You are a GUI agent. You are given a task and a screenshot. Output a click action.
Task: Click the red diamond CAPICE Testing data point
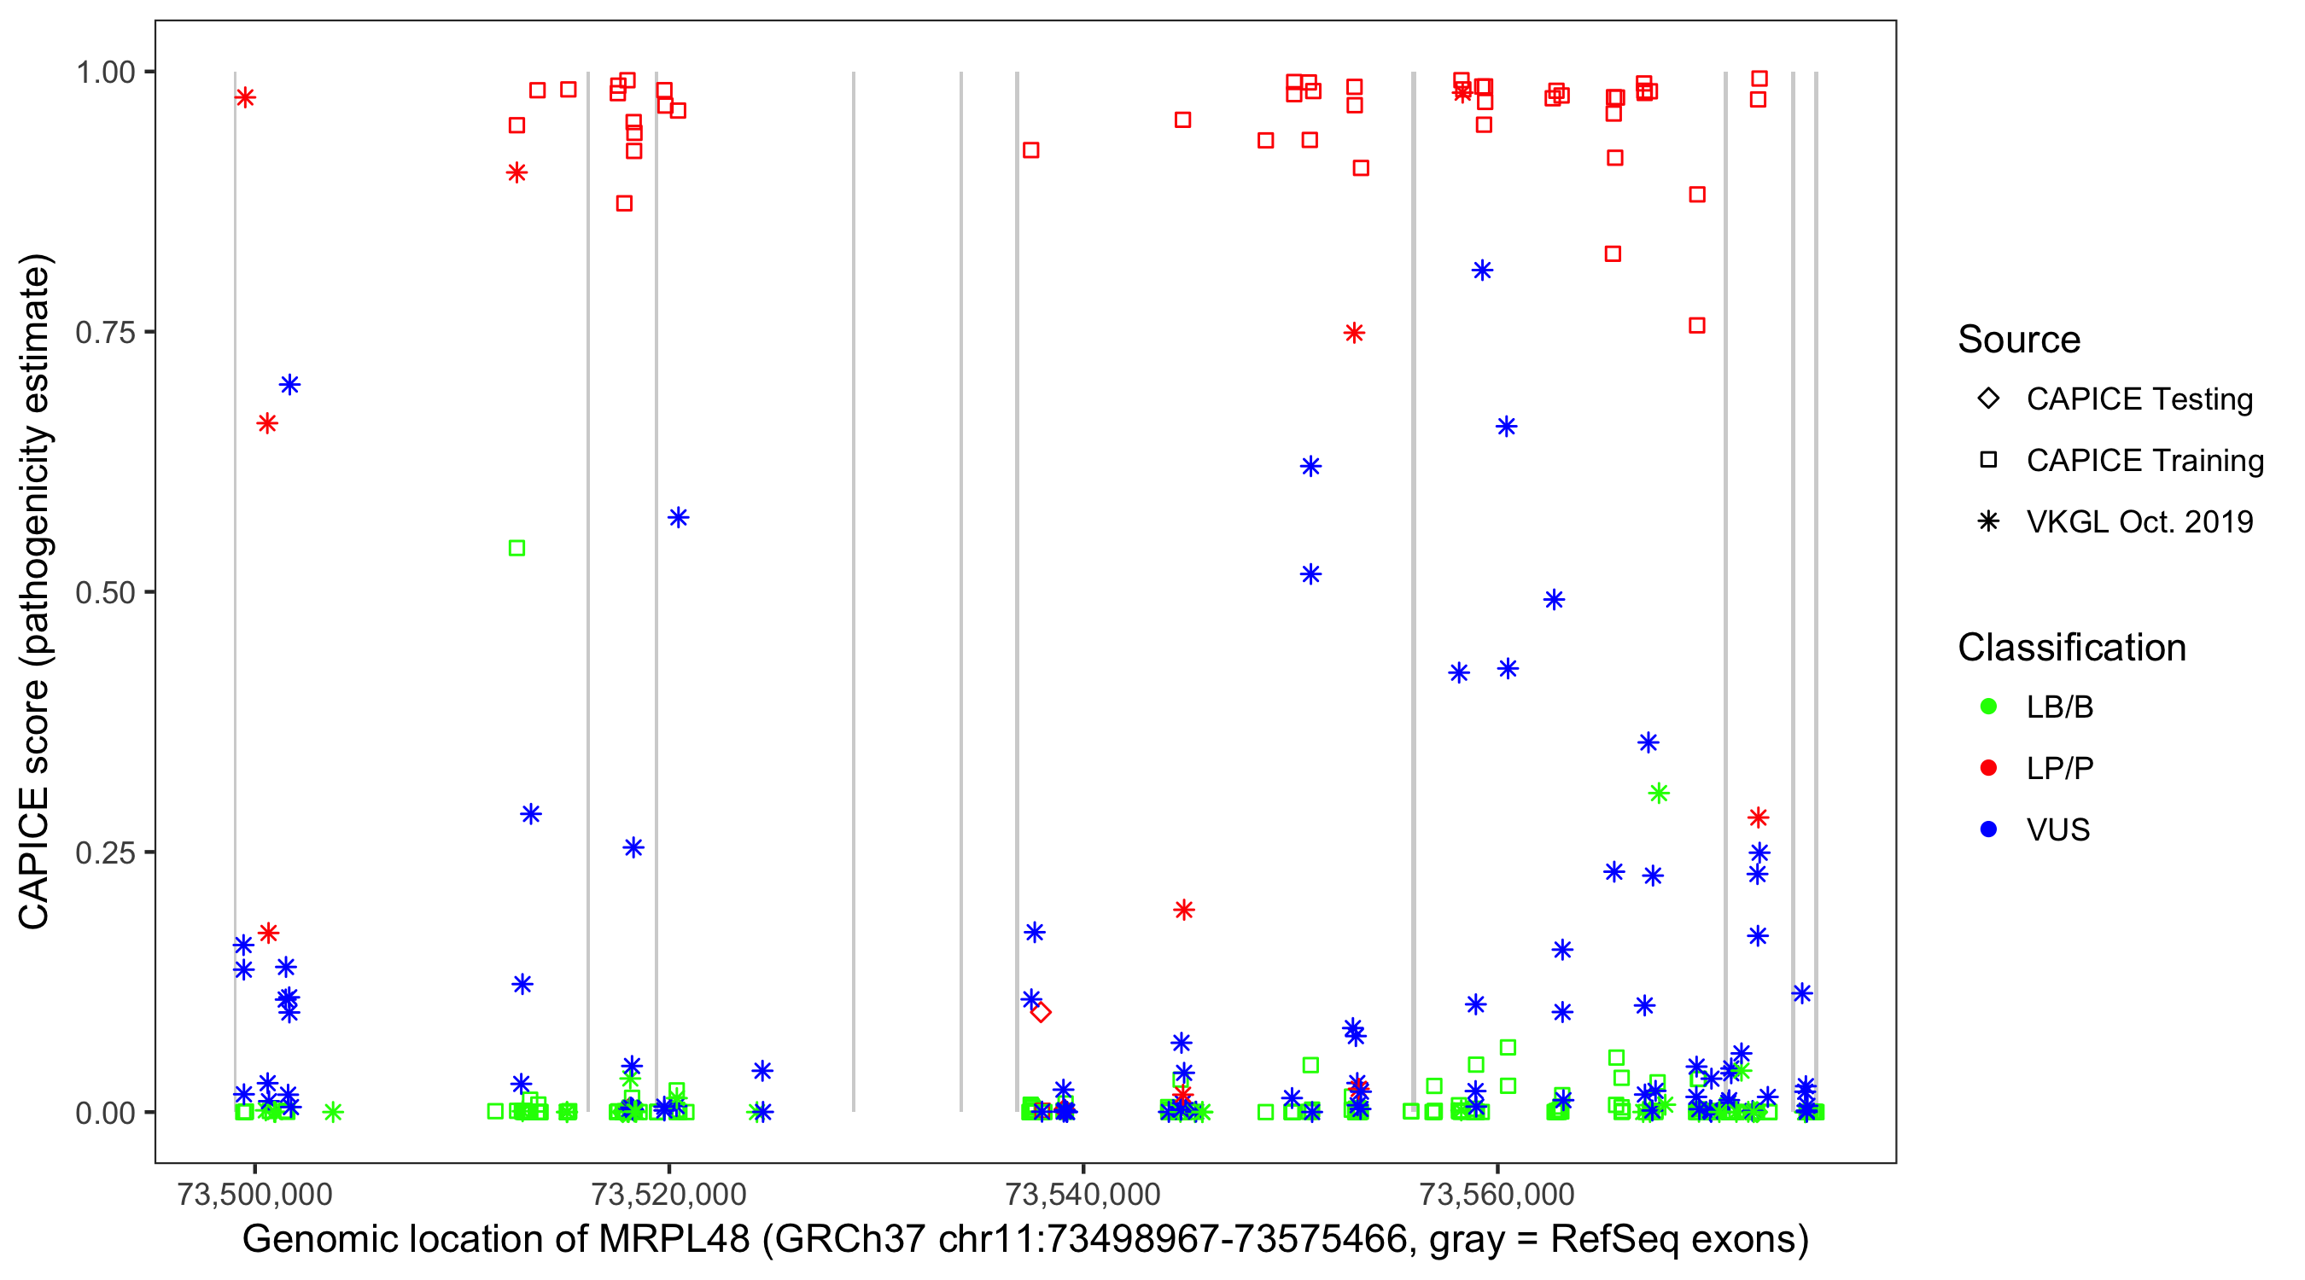1040,1012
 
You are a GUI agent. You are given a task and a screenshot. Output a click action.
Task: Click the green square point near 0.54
516,548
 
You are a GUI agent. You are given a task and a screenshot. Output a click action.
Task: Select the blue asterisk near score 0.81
1482,271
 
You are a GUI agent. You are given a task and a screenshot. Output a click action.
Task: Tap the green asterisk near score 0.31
1658,793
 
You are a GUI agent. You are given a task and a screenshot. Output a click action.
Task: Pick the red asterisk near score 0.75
1354,333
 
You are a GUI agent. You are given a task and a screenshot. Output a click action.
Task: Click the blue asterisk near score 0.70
289,385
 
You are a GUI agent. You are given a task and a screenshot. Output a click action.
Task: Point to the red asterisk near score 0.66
266,423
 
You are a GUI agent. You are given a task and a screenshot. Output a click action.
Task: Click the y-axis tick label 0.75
105,333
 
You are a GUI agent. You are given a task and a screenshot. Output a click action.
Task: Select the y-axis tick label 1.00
105,73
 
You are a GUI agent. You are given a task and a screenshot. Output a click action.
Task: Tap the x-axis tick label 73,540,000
1082,1194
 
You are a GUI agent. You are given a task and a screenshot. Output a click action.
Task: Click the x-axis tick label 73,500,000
255,1194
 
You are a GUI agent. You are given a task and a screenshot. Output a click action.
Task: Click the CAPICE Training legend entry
2144,460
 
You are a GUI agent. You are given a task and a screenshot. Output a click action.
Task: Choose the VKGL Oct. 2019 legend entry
2139,521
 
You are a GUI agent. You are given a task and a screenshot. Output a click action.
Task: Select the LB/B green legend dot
1988,707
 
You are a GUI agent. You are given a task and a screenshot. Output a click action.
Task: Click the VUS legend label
2058,829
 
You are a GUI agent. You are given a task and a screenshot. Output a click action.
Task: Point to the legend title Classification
2071,647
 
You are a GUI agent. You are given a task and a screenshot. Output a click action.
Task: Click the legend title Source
2019,339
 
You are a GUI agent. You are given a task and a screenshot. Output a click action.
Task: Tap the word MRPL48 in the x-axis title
674,1239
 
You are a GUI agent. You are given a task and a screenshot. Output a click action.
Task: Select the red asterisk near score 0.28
1759,817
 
